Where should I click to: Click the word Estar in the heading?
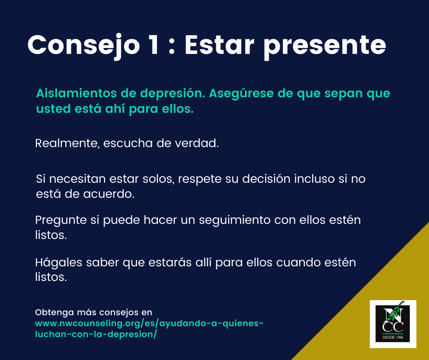point(220,45)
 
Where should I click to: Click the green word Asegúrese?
point(241,94)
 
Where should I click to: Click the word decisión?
point(266,179)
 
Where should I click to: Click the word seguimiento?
point(235,220)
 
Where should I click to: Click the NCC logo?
point(393,324)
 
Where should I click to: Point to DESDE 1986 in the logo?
point(393,337)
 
